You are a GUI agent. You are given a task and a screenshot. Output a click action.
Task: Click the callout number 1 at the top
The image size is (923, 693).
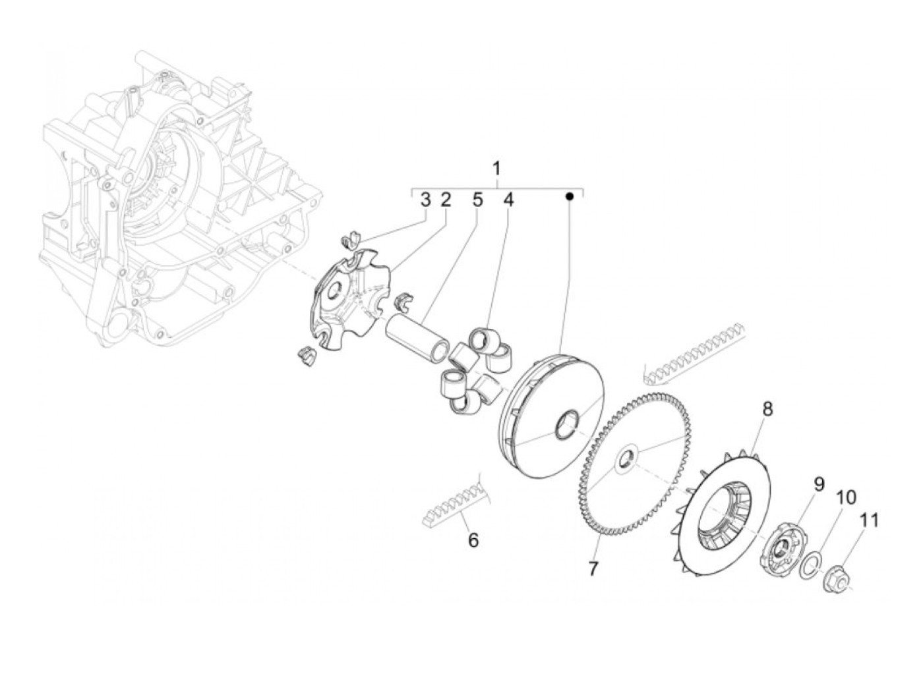497,169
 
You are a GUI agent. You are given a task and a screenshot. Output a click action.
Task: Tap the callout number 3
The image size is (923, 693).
426,200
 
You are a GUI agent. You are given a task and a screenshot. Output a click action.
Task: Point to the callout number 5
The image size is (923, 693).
477,200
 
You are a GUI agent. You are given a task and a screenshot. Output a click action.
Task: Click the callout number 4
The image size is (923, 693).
508,200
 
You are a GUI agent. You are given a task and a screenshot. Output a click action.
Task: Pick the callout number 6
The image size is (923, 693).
473,541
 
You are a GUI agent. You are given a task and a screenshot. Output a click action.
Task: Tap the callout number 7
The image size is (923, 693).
593,568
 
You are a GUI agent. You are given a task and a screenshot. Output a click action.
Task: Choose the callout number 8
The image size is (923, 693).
767,410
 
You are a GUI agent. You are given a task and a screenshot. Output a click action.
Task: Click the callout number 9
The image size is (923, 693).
819,484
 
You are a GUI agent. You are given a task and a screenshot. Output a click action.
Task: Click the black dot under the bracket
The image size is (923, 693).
571,196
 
